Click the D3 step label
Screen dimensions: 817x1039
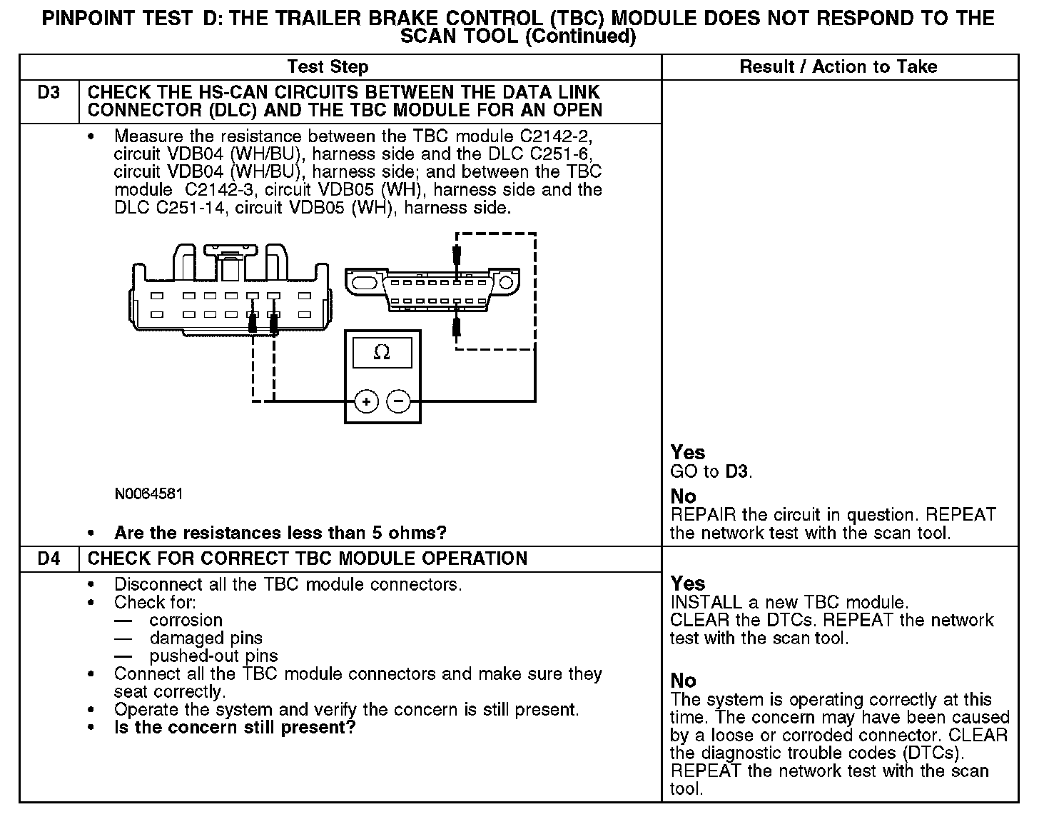[x=49, y=93]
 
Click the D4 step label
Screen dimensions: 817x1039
[x=49, y=558]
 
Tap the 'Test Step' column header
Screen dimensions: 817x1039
[x=328, y=67]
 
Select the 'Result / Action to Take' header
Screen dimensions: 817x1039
[x=838, y=67]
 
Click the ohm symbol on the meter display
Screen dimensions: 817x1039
[x=382, y=352]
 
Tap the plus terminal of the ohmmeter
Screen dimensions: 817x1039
[x=366, y=401]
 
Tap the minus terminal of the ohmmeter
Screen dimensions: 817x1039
[x=398, y=401]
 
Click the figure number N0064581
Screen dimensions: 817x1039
[x=148, y=494]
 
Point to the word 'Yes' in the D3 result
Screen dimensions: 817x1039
[x=688, y=453]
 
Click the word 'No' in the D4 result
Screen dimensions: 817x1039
[x=683, y=681]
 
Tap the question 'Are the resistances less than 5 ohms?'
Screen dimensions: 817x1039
[x=280, y=533]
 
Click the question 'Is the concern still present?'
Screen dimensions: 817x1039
[x=235, y=728]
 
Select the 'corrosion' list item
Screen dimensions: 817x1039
[x=186, y=621]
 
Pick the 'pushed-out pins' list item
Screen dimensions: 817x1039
[x=213, y=656]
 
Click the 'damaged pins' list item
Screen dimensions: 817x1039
[x=206, y=638]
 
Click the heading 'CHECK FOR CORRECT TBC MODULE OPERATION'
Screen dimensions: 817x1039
[x=308, y=558]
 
